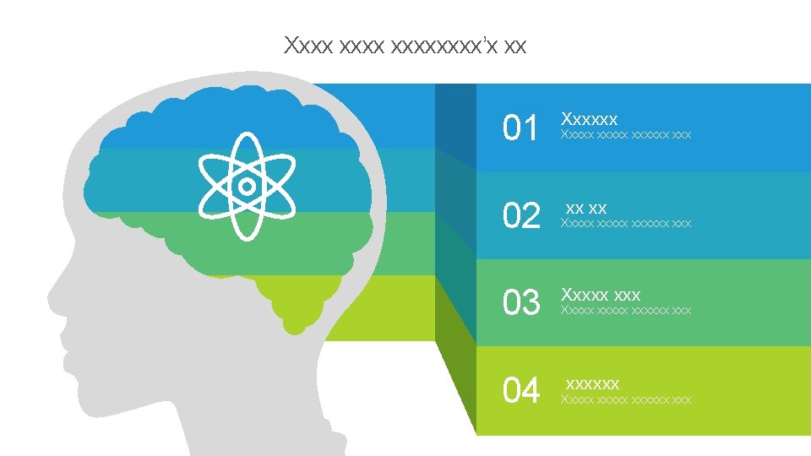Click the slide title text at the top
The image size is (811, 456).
(405, 45)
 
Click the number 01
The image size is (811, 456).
(520, 129)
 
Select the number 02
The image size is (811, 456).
(520, 217)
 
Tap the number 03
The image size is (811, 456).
(520, 303)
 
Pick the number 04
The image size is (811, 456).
(520, 391)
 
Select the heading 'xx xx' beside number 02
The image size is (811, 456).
(586, 208)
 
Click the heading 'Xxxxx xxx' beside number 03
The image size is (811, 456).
(601, 295)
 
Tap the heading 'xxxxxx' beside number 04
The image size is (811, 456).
(592, 383)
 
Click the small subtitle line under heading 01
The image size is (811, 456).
(626, 135)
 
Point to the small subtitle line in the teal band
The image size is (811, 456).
(626, 224)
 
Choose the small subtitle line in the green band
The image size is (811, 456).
(626, 311)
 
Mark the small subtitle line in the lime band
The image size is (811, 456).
(626, 399)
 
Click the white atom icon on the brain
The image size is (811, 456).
(246, 186)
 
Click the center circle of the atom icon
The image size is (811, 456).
(246, 186)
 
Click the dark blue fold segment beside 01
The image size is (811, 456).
(455, 122)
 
